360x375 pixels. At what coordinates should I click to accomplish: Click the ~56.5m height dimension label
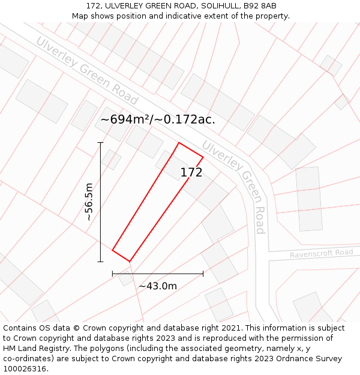(x=89, y=203)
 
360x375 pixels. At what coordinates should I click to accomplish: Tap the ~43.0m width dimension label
(x=158, y=286)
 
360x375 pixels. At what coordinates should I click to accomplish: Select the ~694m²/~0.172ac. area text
(x=158, y=119)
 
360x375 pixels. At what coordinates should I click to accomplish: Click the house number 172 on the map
(x=191, y=173)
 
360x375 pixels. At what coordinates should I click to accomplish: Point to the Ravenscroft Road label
(x=322, y=253)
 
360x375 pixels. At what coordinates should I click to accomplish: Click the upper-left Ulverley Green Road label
(x=86, y=71)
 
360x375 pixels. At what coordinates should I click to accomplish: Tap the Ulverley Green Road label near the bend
(x=234, y=187)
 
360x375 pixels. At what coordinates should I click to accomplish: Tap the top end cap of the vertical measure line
(x=100, y=143)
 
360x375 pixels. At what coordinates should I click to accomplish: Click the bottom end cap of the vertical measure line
(x=100, y=262)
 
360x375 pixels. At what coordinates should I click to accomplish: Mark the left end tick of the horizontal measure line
(x=112, y=274)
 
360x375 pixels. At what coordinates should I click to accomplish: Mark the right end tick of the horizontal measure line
(x=203, y=274)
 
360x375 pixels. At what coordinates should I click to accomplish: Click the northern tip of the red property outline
(x=179, y=143)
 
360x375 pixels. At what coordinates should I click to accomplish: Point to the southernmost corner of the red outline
(x=130, y=262)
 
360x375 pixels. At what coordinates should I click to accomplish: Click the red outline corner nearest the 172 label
(x=203, y=157)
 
